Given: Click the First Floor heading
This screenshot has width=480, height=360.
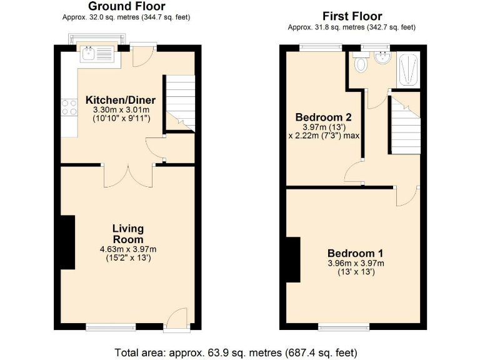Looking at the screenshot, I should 352,16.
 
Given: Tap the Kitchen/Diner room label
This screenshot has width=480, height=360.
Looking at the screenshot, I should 121,100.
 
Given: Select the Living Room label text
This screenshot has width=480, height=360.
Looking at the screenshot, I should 128,234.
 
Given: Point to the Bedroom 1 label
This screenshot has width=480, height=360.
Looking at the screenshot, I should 356,253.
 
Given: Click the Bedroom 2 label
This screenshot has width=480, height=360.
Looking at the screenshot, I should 323,117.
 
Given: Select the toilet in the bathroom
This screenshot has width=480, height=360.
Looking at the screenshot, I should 360,63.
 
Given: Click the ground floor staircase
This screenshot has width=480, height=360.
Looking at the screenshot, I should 180,103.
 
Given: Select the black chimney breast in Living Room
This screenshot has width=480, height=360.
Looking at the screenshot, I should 67,242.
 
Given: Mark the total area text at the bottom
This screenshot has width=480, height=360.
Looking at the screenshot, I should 237,351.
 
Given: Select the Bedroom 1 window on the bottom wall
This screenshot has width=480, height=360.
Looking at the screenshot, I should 343,326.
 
